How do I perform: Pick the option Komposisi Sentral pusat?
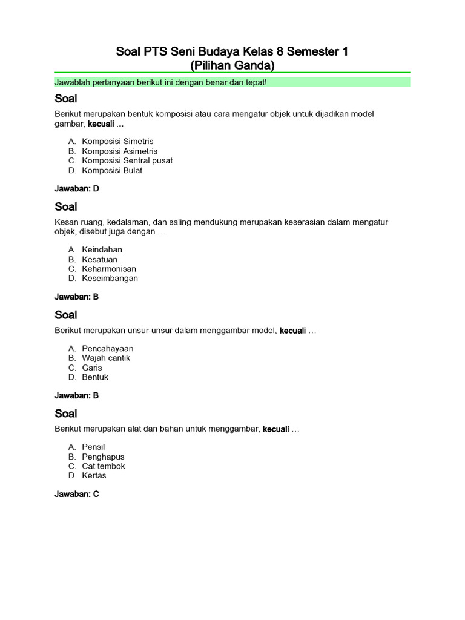point(127,160)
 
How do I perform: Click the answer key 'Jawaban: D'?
point(77,189)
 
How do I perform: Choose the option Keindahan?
point(102,249)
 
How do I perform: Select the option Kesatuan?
point(100,259)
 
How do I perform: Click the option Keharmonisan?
point(109,269)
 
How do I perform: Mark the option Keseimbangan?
point(110,279)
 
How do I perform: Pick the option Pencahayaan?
point(108,348)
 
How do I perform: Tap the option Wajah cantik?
point(106,358)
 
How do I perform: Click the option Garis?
point(92,368)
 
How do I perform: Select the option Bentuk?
point(95,377)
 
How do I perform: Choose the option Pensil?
point(93,447)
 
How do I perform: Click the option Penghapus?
point(103,457)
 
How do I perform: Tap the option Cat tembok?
point(104,466)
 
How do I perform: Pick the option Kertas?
point(94,476)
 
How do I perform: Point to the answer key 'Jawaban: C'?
point(77,495)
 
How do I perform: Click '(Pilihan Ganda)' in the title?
point(232,65)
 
